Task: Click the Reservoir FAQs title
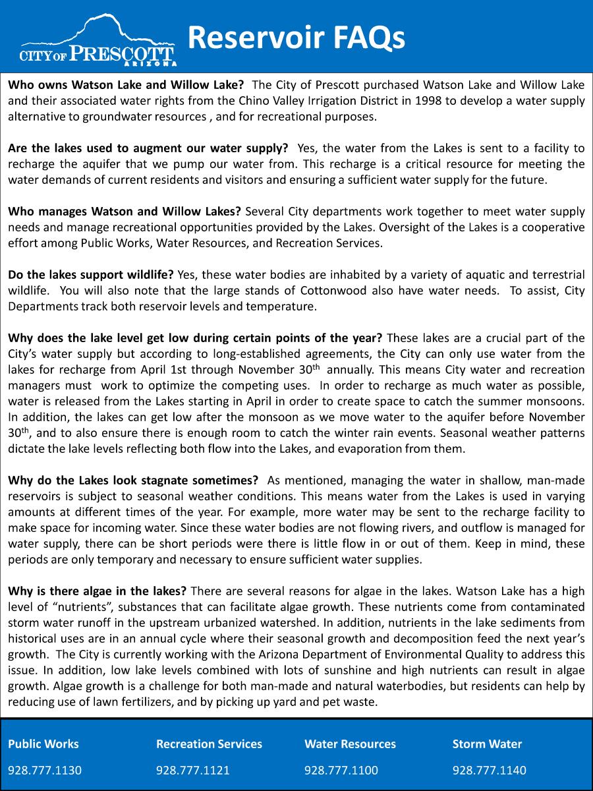click(x=296, y=38)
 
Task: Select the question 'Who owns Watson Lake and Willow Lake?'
click(x=126, y=85)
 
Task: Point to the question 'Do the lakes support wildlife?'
click(x=90, y=275)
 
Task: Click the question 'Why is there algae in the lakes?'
click(x=97, y=590)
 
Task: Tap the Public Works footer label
click(x=43, y=744)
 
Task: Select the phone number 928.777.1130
click(x=45, y=770)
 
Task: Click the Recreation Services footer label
click(x=209, y=744)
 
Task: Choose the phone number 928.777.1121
click(x=193, y=770)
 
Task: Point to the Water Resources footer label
click(x=350, y=744)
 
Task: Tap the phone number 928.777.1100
click(x=341, y=770)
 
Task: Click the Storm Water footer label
click(x=487, y=744)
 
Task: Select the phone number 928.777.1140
click(x=490, y=770)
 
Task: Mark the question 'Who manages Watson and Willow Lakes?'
click(x=125, y=212)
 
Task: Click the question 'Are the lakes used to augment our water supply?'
click(x=148, y=148)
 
